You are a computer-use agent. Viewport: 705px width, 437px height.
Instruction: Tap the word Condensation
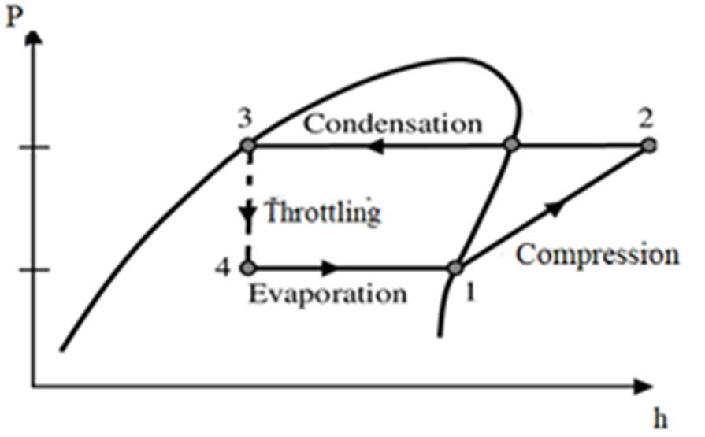(x=393, y=124)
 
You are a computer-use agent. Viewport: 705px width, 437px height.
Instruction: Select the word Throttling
(x=322, y=213)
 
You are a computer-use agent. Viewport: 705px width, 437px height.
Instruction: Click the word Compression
(x=598, y=254)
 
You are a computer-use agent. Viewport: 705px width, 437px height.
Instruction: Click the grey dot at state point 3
(x=248, y=146)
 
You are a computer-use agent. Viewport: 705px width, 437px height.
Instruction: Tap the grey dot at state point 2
(x=648, y=145)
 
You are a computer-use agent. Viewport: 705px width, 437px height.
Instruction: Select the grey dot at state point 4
(x=248, y=268)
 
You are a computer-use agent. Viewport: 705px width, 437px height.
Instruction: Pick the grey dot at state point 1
(x=455, y=268)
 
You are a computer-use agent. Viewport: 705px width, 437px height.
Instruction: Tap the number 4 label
(x=224, y=268)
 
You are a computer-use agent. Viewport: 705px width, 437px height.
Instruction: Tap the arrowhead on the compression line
(x=555, y=206)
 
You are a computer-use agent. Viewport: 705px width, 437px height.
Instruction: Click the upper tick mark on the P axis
(x=34, y=147)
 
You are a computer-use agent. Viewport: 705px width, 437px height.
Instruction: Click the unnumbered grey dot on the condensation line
(x=512, y=145)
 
